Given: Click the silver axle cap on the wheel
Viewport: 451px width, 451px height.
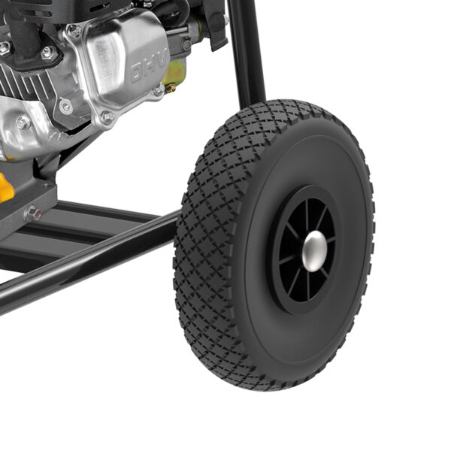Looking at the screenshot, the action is coord(314,251).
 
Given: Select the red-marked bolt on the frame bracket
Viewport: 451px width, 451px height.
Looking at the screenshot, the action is coord(33,213).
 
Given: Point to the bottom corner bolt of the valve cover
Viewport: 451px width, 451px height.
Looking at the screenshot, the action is coord(108,117).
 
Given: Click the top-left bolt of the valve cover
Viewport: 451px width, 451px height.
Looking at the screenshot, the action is coord(74,30).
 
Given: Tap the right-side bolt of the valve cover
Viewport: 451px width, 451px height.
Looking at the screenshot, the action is coord(159,90).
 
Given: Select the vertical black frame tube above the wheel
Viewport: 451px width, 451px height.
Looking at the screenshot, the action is coord(247,52).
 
